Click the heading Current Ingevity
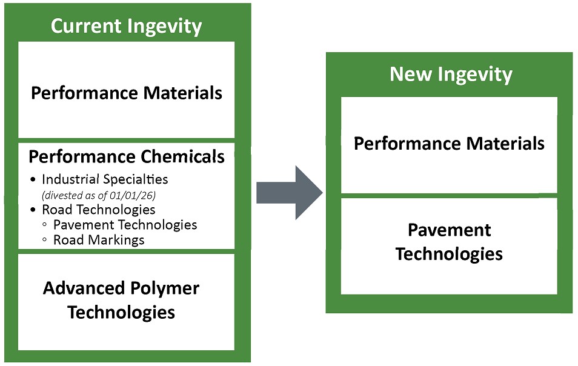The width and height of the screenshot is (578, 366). pyautogui.click(x=126, y=27)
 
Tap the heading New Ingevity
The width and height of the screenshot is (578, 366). pyautogui.click(x=451, y=75)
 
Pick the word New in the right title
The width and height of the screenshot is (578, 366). pyautogui.click(x=410, y=75)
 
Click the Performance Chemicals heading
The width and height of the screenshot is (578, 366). pyautogui.click(x=127, y=157)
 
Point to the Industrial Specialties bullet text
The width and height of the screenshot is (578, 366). pyautogui.click(x=105, y=179)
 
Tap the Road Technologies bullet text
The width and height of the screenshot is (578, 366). pyautogui.click(x=99, y=210)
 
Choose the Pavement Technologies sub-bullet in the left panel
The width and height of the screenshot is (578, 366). pyautogui.click(x=125, y=225)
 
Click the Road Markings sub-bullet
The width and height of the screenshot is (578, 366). pyautogui.click(x=99, y=240)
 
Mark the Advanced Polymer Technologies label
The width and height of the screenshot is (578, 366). pyautogui.click(x=121, y=300)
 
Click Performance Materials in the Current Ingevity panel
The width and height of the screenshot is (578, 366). pyautogui.click(x=127, y=93)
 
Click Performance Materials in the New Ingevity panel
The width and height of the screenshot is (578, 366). pyautogui.click(x=449, y=144)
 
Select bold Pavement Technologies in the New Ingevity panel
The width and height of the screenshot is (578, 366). pyautogui.click(x=449, y=241)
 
